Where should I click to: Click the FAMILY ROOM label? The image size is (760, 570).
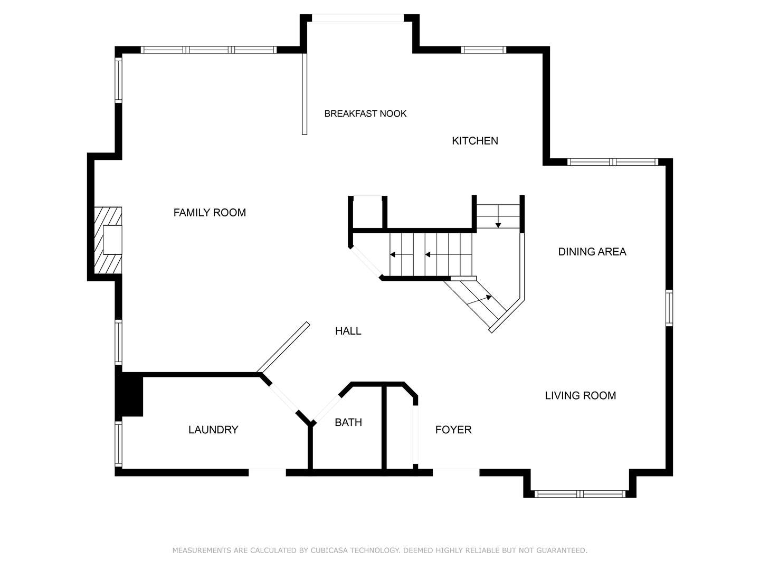click(210, 213)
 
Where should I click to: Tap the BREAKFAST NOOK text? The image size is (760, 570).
click(365, 113)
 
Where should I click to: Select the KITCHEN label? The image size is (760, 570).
click(474, 141)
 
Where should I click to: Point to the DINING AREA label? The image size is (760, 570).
click(592, 252)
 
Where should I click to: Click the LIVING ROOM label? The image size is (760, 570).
click(581, 395)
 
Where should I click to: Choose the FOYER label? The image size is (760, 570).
click(453, 430)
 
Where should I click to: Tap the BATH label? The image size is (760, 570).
click(348, 422)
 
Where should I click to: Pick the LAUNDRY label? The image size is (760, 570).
click(213, 430)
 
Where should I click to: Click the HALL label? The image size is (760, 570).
click(348, 331)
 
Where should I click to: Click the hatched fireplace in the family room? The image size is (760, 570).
click(108, 240)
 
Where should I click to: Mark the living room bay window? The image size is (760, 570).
click(580, 494)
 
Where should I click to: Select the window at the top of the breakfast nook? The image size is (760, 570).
click(358, 18)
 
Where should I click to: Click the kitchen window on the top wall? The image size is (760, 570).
click(483, 50)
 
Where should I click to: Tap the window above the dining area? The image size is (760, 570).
click(613, 162)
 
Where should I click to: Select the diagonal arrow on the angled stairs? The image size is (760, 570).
click(479, 300)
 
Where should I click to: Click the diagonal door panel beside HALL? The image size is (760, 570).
click(283, 347)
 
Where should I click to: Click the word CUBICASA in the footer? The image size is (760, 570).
click(329, 550)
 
